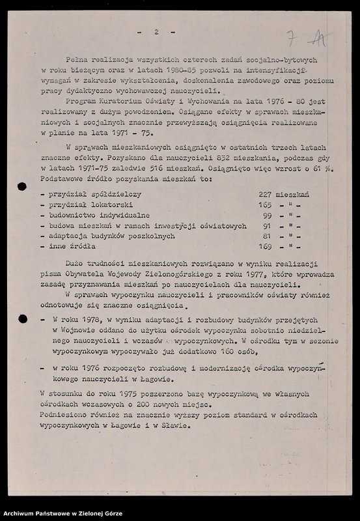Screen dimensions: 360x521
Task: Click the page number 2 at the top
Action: coord(156,31)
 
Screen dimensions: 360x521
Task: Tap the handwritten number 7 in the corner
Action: coord(292,37)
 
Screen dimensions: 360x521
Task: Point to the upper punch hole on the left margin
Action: coord(21,186)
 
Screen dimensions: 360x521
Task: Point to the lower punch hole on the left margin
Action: coord(22,318)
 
